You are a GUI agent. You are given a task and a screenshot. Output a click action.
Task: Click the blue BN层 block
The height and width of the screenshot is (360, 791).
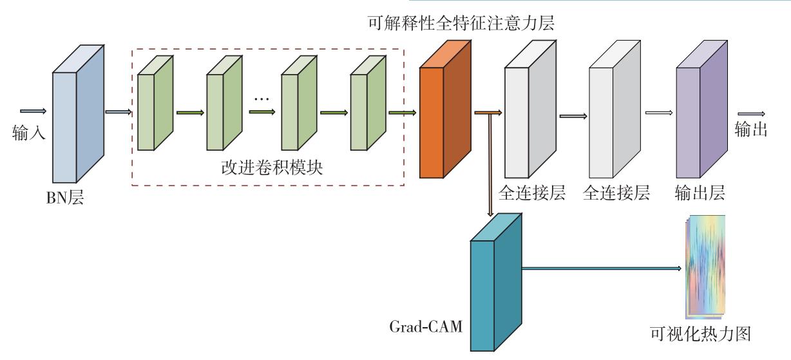coord(78,113)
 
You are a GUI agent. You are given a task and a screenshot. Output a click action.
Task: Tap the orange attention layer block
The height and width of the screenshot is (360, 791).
coord(445,109)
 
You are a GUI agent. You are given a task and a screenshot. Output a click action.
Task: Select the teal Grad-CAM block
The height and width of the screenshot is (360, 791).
coord(496,282)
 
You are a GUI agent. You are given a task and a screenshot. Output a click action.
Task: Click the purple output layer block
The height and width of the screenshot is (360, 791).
coord(701,109)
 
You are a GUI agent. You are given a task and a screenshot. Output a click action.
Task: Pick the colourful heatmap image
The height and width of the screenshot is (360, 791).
coord(705,267)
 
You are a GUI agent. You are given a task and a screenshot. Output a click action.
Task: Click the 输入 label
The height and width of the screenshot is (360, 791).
coord(29,133)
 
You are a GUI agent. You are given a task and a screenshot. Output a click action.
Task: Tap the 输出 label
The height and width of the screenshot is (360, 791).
coord(751,129)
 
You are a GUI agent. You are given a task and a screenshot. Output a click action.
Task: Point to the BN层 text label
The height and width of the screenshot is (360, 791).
coord(65,198)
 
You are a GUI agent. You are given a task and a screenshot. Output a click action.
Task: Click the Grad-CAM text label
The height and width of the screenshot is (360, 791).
coord(426,327)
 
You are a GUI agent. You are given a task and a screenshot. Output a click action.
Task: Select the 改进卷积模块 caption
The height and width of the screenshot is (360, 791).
coord(272,167)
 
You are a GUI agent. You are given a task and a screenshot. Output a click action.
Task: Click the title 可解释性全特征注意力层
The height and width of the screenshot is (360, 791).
coord(461,23)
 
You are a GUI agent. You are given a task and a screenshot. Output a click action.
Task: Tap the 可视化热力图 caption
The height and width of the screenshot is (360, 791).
coord(701,334)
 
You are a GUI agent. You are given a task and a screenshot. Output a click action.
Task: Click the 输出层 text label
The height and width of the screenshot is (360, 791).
coord(700,193)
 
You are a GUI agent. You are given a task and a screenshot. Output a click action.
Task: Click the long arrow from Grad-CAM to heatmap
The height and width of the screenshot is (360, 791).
coord(602,269)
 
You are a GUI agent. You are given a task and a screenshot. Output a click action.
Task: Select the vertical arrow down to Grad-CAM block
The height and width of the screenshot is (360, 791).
coord(490,165)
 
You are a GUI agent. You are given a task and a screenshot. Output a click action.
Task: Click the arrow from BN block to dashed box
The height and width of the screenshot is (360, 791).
coord(119,112)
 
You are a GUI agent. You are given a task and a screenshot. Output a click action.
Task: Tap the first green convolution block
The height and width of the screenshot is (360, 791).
coord(155,103)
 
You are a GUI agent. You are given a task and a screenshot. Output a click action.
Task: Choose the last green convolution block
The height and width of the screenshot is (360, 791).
coord(368,103)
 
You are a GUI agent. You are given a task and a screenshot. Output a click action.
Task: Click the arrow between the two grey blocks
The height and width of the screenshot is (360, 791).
coord(573,116)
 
